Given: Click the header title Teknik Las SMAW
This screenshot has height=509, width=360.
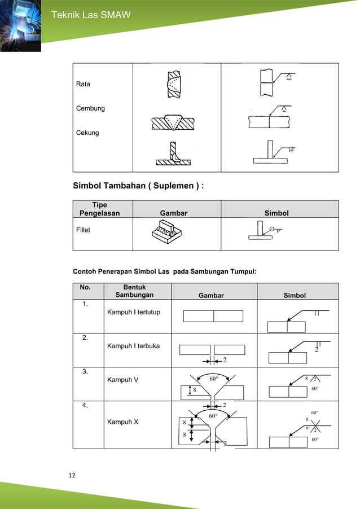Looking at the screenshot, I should (91, 15).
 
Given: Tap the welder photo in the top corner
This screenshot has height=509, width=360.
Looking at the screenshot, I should (20, 25).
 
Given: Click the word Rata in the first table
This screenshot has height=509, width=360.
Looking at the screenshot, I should (83, 84).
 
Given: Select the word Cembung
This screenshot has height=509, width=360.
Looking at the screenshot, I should (90, 108).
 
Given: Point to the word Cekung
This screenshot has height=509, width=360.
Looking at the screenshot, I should (87, 133).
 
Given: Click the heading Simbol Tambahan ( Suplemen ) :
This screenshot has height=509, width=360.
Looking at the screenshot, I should (138, 186).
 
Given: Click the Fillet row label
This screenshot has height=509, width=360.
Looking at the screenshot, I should (83, 230).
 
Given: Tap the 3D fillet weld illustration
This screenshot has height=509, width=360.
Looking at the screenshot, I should (169, 235).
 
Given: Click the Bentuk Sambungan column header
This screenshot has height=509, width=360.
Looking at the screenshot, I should (134, 291).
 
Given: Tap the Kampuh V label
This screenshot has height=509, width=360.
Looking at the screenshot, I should (122, 380).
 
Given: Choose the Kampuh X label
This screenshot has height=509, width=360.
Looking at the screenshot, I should (122, 422).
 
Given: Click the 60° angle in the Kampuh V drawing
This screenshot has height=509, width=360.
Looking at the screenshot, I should (214, 379).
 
